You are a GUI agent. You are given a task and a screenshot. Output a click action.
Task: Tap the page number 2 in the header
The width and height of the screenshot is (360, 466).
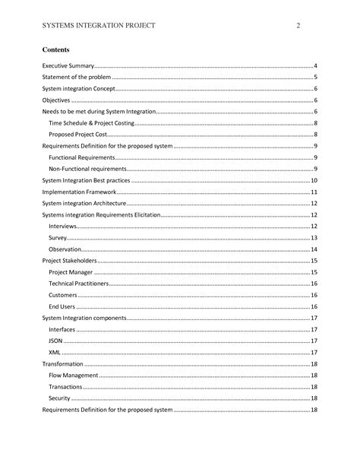[x=298, y=26]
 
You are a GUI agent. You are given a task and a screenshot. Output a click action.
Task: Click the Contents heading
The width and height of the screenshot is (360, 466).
[x=55, y=50]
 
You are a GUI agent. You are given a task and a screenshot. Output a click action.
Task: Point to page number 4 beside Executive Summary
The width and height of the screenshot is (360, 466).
[x=314, y=67]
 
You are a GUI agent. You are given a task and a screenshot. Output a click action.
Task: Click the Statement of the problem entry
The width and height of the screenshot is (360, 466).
[x=76, y=78]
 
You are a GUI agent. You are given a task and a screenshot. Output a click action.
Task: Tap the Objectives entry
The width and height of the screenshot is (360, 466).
[x=55, y=100]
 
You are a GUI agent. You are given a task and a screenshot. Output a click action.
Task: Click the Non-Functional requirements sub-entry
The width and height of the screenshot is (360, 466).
[x=87, y=167]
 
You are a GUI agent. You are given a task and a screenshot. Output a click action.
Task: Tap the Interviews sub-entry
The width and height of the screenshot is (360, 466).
[x=62, y=227]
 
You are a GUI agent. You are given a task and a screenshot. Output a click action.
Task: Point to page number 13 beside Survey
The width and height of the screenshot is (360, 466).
[x=314, y=238]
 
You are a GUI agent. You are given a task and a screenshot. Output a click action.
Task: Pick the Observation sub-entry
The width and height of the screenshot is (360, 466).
[x=65, y=249]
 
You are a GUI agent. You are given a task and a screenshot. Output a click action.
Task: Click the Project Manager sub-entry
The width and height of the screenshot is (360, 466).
[x=71, y=271]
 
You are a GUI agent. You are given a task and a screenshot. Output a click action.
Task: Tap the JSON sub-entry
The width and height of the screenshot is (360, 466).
[x=56, y=341]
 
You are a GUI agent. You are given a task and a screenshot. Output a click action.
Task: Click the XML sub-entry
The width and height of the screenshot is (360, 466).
[x=55, y=353]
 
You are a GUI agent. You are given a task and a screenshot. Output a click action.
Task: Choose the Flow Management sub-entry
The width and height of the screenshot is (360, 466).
[x=73, y=376]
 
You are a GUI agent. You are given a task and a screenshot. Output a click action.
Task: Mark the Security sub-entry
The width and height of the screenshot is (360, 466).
[x=59, y=398]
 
